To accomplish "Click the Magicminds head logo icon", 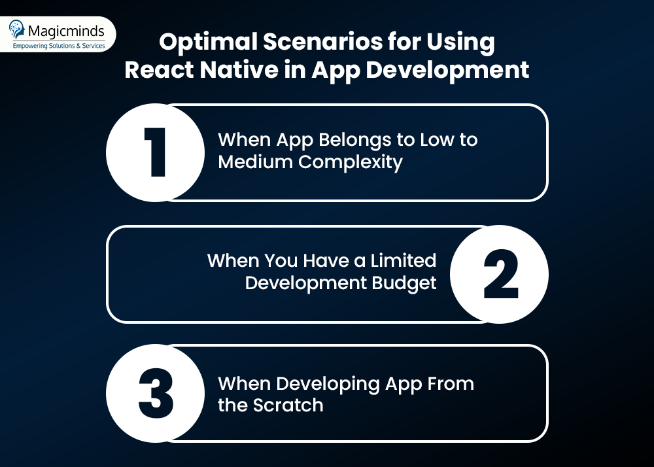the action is tap(17, 29).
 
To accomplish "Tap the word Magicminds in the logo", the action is tap(66, 31).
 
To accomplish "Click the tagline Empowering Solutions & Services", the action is tap(59, 45).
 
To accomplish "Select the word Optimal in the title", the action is tap(208, 42).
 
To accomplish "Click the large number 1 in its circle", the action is tap(156, 152).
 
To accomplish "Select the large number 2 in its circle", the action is tap(500, 274).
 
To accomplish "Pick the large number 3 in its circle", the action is tap(156, 393).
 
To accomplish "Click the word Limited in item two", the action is tap(404, 260).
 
